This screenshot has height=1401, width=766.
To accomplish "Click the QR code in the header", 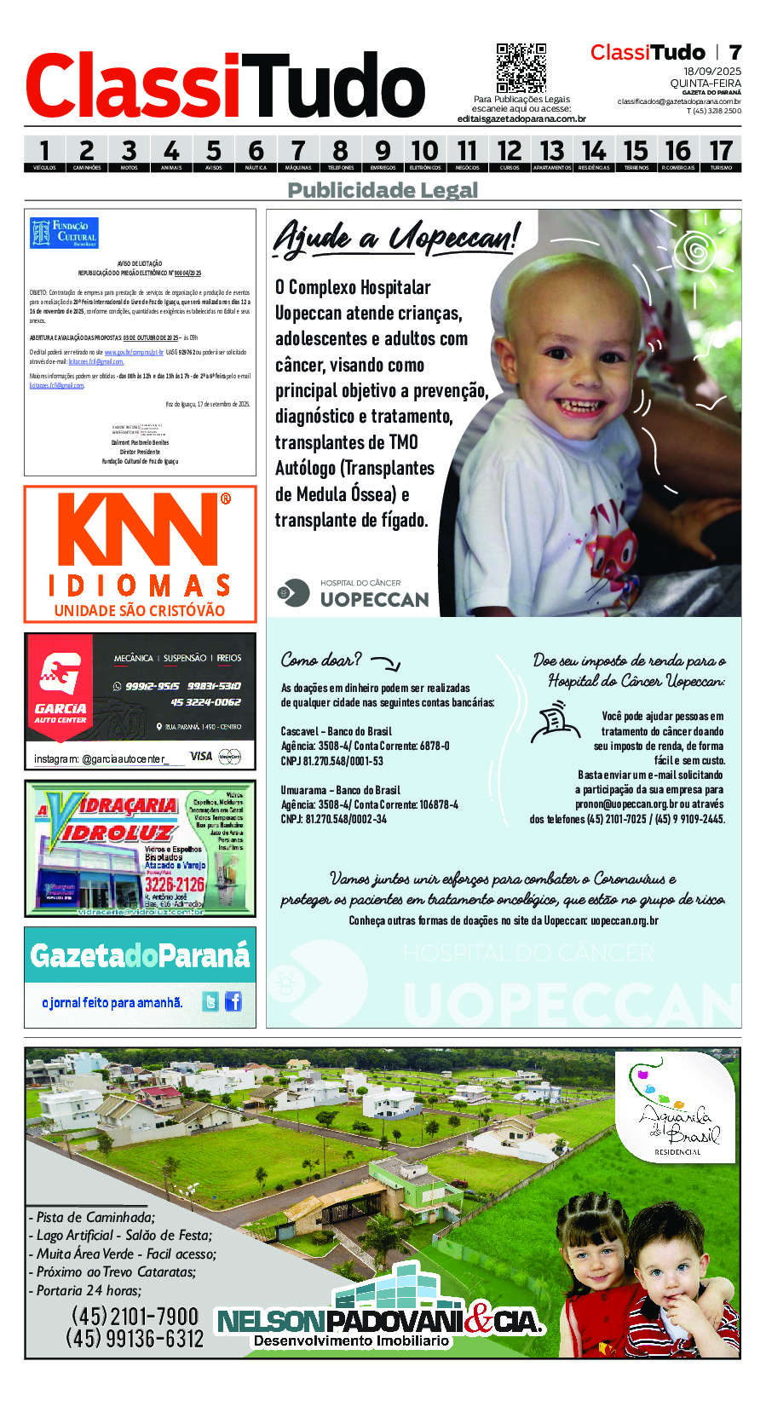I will (x=521, y=67).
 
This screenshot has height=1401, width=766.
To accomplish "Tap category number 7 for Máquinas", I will (x=298, y=153).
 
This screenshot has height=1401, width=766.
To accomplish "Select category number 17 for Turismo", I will (x=721, y=153).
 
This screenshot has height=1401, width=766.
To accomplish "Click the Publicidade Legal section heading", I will (x=383, y=190).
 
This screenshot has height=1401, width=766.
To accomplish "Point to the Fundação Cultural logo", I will (x=64, y=233).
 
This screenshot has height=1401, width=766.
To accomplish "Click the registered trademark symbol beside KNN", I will (x=225, y=499).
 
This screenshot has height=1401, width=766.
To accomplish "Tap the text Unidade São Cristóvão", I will (x=140, y=610).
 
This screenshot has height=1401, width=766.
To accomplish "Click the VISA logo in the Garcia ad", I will (x=201, y=756).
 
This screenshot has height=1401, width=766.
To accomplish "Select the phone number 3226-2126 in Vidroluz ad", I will (x=175, y=884).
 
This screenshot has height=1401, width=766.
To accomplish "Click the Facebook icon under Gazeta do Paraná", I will (x=233, y=1001).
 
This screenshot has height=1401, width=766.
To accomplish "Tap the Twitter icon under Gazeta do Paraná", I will (x=210, y=1001).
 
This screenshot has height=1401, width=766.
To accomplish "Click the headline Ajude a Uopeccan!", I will (x=395, y=237).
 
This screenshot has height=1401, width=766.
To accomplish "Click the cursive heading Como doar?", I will (x=321, y=660).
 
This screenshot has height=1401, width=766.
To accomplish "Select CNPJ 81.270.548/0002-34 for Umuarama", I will (x=333, y=819).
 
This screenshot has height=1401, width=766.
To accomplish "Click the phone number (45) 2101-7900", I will (x=135, y=1316).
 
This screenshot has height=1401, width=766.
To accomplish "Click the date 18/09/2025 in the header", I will (x=712, y=72).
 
